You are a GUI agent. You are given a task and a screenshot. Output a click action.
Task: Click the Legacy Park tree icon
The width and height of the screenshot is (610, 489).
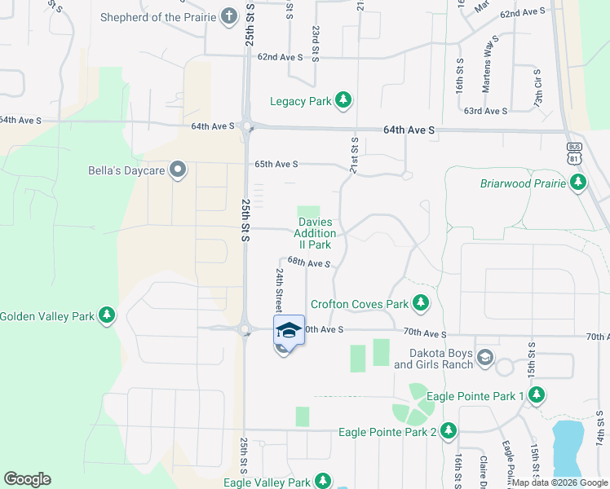tap(344, 101)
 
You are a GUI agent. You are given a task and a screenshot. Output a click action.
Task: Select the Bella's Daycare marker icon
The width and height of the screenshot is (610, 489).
tap(179, 171)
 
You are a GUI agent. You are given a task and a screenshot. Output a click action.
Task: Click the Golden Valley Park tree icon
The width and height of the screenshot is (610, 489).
tap(106, 315)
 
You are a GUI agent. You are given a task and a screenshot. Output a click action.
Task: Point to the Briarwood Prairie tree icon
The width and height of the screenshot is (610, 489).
tap(578, 183)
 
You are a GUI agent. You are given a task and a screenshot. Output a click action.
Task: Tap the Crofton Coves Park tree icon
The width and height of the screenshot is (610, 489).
tap(421, 304)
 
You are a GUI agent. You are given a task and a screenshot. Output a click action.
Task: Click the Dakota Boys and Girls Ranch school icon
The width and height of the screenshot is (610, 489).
tap(485, 357)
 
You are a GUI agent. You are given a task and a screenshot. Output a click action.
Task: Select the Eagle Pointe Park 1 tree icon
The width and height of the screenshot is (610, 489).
tap(536, 395)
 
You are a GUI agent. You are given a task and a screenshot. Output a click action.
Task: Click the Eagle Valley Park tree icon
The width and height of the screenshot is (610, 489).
tap(324, 482)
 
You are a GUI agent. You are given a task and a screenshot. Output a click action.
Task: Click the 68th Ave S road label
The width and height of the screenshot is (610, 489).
tap(308, 263)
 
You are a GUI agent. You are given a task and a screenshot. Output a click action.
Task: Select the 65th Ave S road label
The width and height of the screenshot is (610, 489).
tap(276, 164)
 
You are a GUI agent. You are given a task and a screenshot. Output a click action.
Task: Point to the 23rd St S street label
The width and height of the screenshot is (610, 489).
tap(315, 40)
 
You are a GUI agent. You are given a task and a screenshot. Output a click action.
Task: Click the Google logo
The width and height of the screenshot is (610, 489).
tap(27, 479)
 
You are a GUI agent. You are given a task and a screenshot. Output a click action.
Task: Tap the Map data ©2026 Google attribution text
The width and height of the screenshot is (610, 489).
tap(560, 482)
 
